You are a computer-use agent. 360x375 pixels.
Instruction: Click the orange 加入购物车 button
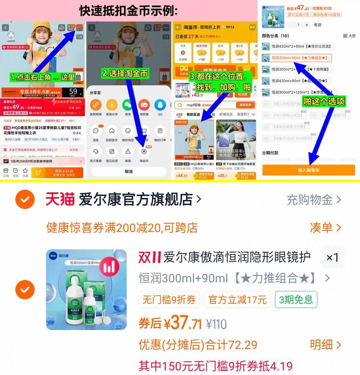(x=308, y=170)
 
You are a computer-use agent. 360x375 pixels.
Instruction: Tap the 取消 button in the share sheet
(x=129, y=171)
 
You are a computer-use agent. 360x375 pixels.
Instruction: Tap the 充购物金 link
(x=314, y=200)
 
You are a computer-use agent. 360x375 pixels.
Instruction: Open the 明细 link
(x=325, y=345)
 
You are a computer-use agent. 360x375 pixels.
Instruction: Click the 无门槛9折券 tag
(x=169, y=300)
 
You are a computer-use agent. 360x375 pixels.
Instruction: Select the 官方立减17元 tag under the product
(x=237, y=300)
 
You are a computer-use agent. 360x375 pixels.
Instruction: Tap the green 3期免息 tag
(x=296, y=300)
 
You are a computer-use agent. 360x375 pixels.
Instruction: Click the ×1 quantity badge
(x=332, y=257)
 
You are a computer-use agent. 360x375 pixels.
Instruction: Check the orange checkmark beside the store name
(x=25, y=200)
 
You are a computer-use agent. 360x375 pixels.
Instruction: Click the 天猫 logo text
(x=60, y=200)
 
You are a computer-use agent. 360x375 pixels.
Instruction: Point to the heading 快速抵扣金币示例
(x=129, y=11)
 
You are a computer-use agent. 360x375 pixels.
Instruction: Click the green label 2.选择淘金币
(x=125, y=73)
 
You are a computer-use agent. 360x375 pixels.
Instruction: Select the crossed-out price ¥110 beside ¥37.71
(x=216, y=324)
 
